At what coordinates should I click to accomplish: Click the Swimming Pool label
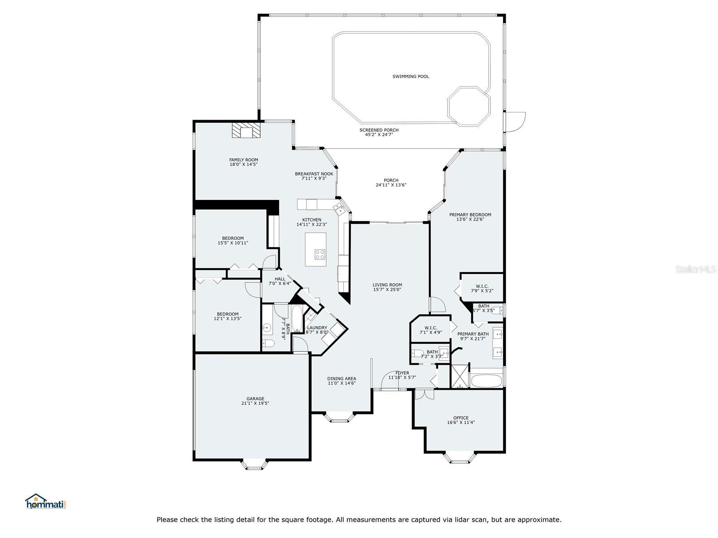(x=411, y=76)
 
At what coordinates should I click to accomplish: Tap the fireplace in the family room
(x=246, y=130)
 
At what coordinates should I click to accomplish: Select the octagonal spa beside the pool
(x=469, y=106)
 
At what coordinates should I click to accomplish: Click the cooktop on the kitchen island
(x=320, y=254)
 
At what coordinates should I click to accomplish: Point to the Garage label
(x=255, y=399)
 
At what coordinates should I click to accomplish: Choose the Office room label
(x=460, y=418)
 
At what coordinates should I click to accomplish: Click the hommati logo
(x=45, y=501)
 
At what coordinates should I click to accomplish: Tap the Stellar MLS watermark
(x=696, y=269)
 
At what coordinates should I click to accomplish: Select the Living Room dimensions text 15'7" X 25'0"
(x=387, y=290)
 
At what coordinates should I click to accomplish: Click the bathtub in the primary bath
(x=486, y=381)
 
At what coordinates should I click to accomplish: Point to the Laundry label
(x=317, y=328)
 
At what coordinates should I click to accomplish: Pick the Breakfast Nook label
(x=314, y=174)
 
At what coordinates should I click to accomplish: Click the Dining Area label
(x=341, y=378)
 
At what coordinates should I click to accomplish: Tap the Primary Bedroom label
(x=470, y=215)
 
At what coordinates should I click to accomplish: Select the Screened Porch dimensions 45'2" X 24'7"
(x=379, y=134)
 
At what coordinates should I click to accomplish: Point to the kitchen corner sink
(x=339, y=209)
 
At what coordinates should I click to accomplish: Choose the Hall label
(x=280, y=279)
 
